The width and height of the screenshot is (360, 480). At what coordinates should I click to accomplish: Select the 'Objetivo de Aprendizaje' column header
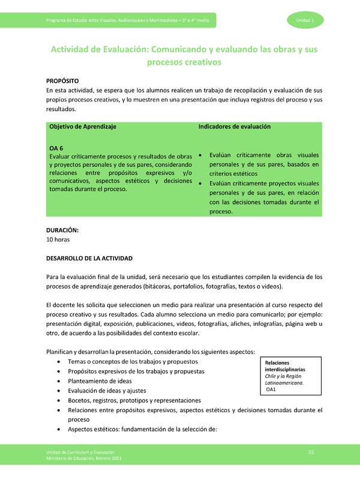pos(82,127)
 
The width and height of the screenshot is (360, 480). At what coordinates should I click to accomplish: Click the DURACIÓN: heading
pos(62,230)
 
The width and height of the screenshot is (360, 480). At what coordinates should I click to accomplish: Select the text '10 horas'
pos(58,239)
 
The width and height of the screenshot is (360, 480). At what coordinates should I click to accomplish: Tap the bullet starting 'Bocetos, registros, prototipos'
pos(134,400)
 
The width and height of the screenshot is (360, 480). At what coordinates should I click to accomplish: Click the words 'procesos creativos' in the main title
pos(185,62)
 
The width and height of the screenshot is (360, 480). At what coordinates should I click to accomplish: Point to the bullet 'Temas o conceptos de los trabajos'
pos(133,362)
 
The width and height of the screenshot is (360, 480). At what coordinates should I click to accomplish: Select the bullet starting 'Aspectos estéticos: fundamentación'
pos(142,429)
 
